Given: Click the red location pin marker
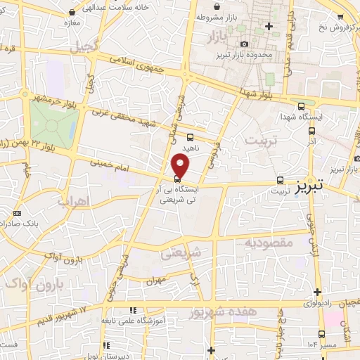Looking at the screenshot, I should click(181, 166).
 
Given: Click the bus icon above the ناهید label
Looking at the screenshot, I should click(191, 137).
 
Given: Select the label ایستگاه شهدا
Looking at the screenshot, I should click(300, 117).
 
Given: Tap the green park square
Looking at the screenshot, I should click(52, 127).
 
